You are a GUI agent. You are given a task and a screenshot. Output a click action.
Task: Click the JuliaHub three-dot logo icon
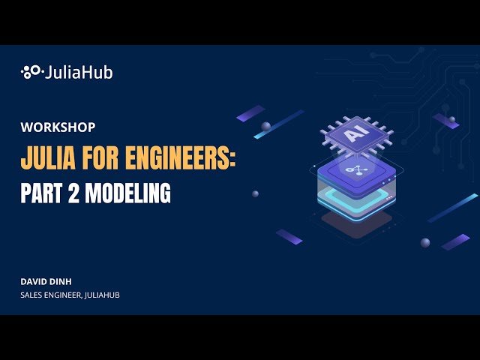[31, 73]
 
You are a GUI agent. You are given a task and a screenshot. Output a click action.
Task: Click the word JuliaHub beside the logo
[79, 73]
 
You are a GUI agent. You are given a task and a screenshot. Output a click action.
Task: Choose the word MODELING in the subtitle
[127, 193]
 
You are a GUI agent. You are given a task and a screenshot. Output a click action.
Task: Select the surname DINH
[64, 281]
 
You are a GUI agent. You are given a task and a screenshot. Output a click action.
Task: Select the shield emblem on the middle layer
[351, 171]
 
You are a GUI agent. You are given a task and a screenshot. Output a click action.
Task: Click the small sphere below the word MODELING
[255, 193]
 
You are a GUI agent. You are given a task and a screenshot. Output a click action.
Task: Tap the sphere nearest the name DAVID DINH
[425, 242]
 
